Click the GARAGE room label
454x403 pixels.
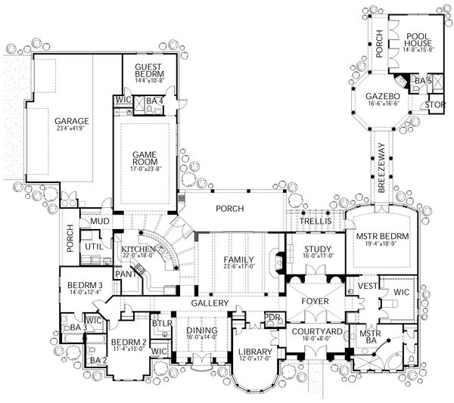tap(72, 121)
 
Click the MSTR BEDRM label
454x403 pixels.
tap(382, 237)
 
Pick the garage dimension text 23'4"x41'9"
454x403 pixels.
tap(72, 129)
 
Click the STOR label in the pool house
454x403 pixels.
tap(434, 104)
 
